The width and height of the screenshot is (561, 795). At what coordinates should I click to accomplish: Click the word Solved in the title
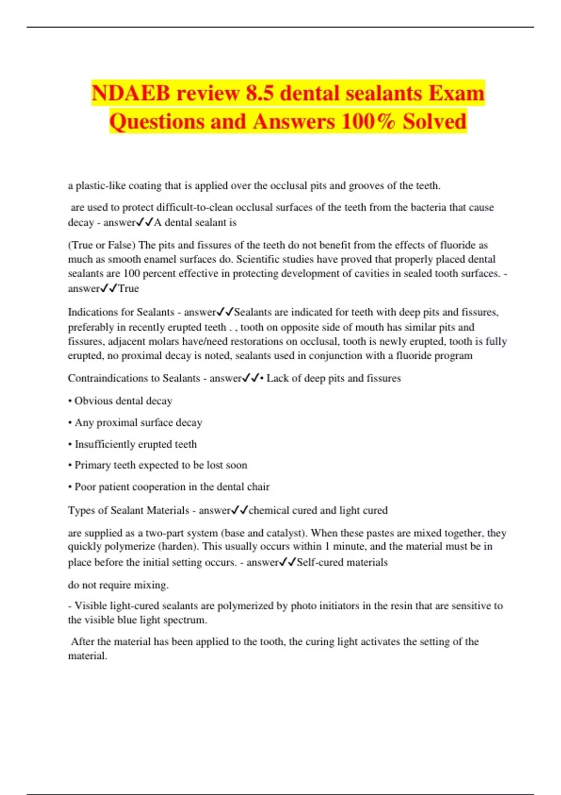click(x=435, y=121)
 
